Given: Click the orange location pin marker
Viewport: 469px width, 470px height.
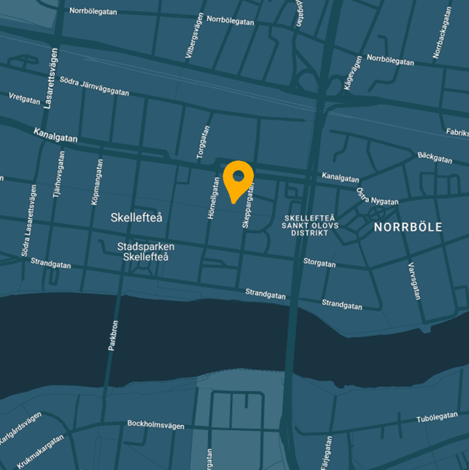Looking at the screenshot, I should pyautogui.click(x=238, y=179).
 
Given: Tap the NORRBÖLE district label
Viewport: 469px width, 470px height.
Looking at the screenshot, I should pyautogui.click(x=408, y=228).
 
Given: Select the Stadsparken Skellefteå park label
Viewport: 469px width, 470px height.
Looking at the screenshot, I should pyautogui.click(x=146, y=251).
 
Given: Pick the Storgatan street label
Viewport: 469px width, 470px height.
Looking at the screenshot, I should pyautogui.click(x=319, y=263).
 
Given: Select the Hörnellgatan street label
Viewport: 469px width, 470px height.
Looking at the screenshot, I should pyautogui.click(x=212, y=197).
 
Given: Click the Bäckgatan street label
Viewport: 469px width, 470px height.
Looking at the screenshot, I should pyautogui.click(x=434, y=158).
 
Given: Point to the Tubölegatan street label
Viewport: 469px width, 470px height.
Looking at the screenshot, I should pyautogui.click(x=437, y=418).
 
